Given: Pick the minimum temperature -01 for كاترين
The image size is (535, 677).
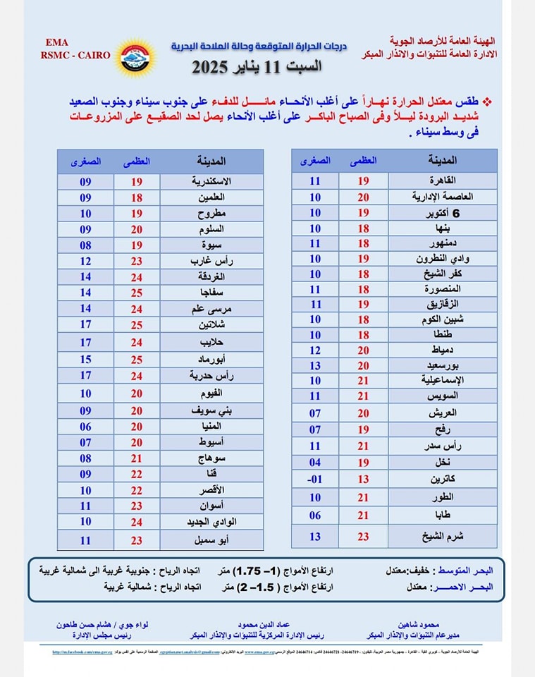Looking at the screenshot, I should [314, 479].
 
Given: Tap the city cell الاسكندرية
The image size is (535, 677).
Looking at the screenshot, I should [211, 181].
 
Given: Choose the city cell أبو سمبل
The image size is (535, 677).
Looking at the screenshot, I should [211, 540].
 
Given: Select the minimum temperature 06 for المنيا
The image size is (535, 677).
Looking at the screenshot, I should [86, 426].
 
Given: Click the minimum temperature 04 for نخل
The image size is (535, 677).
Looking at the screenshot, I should [314, 463].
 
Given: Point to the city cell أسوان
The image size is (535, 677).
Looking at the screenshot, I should [211, 506].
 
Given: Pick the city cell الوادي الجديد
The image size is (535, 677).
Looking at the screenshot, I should [211, 522].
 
